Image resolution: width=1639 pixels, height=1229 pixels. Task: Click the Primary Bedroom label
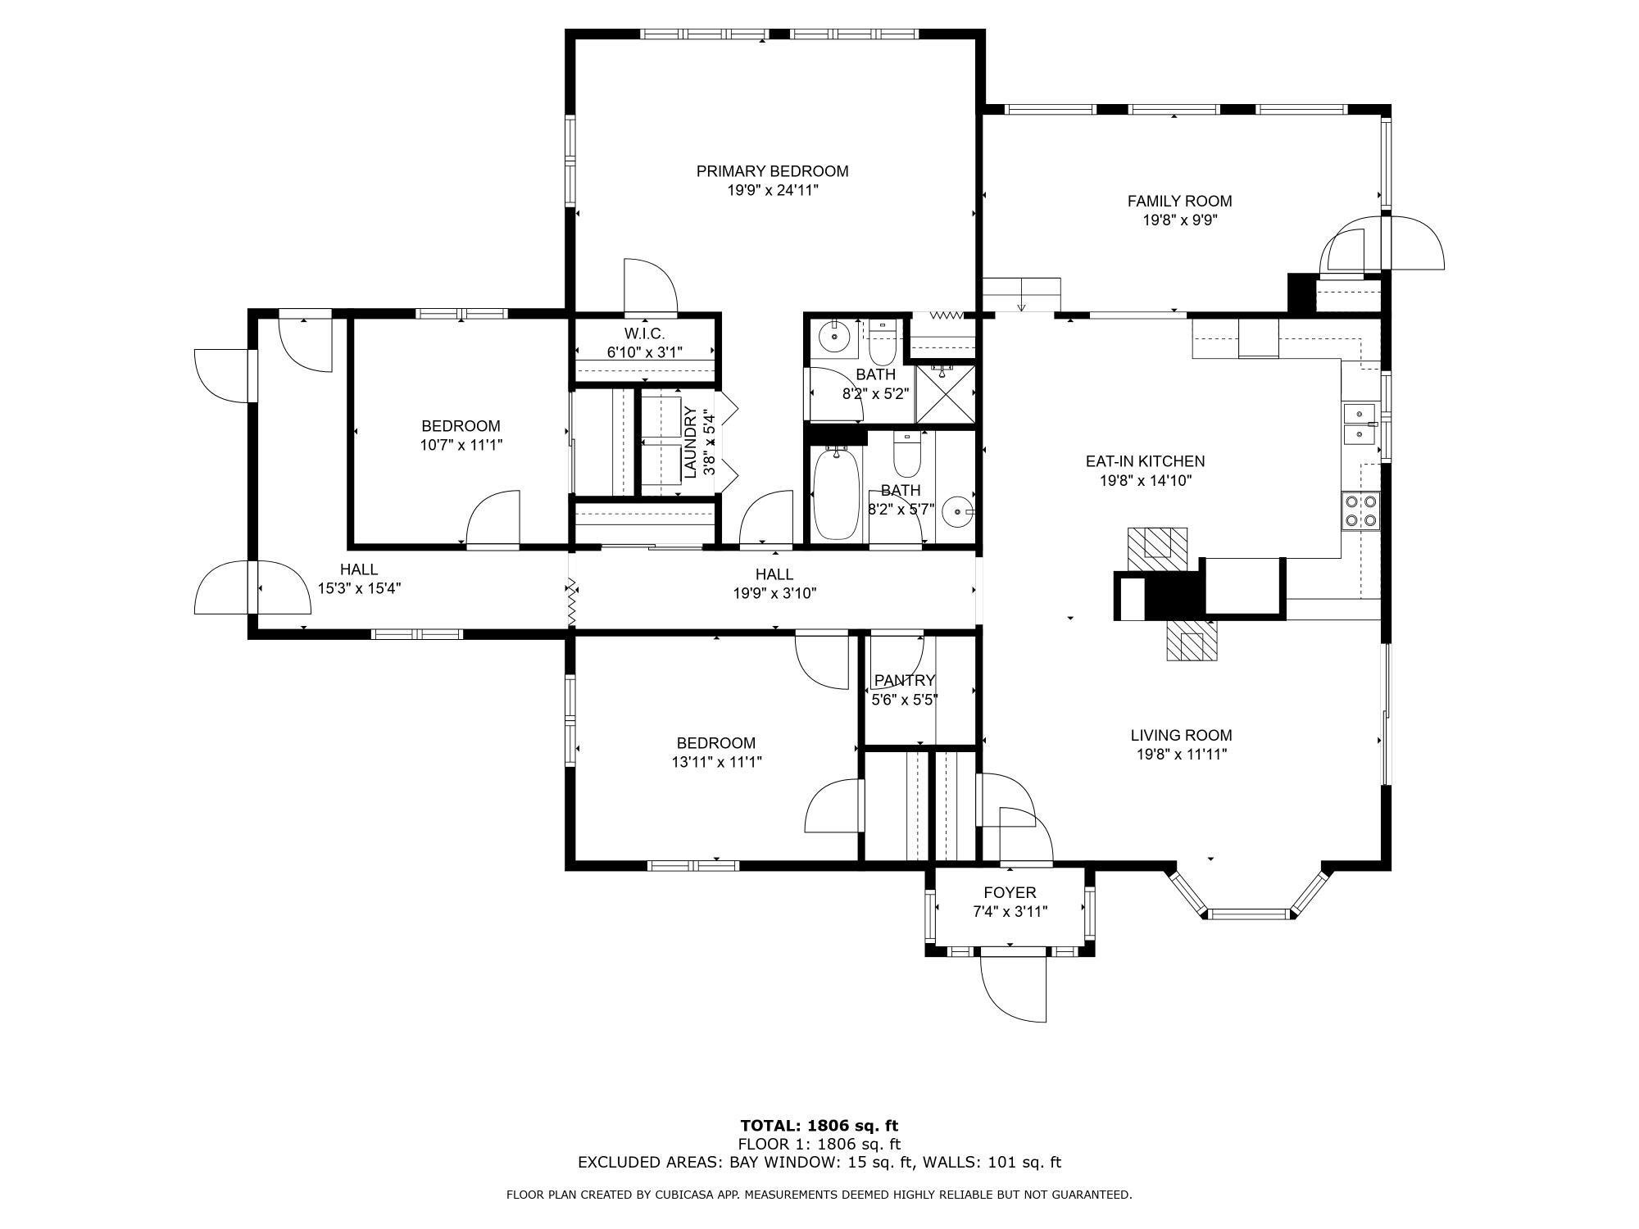point(772,171)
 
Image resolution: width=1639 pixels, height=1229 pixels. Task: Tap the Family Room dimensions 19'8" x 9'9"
point(1179,220)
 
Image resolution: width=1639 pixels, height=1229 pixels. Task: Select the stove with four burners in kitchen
point(1360,511)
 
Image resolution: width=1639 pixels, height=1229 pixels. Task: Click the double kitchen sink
point(1360,424)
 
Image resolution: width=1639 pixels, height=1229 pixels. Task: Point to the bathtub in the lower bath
point(836,495)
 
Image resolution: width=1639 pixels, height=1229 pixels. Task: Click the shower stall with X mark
point(946,393)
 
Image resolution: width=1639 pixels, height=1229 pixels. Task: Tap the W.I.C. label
point(644,333)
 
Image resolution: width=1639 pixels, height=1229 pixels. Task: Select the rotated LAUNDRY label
point(690,442)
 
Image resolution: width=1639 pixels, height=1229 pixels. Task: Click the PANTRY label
point(904,680)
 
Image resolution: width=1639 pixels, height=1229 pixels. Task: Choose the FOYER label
point(1010,892)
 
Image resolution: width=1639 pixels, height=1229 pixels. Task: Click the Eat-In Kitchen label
point(1145,461)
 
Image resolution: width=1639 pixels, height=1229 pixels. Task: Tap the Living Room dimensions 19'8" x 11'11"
point(1181,755)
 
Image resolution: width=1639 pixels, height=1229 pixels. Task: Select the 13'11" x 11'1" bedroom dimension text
point(715,762)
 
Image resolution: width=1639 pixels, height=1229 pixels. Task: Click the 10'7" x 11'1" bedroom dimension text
point(461,445)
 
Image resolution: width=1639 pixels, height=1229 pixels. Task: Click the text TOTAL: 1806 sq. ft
point(819,1126)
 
